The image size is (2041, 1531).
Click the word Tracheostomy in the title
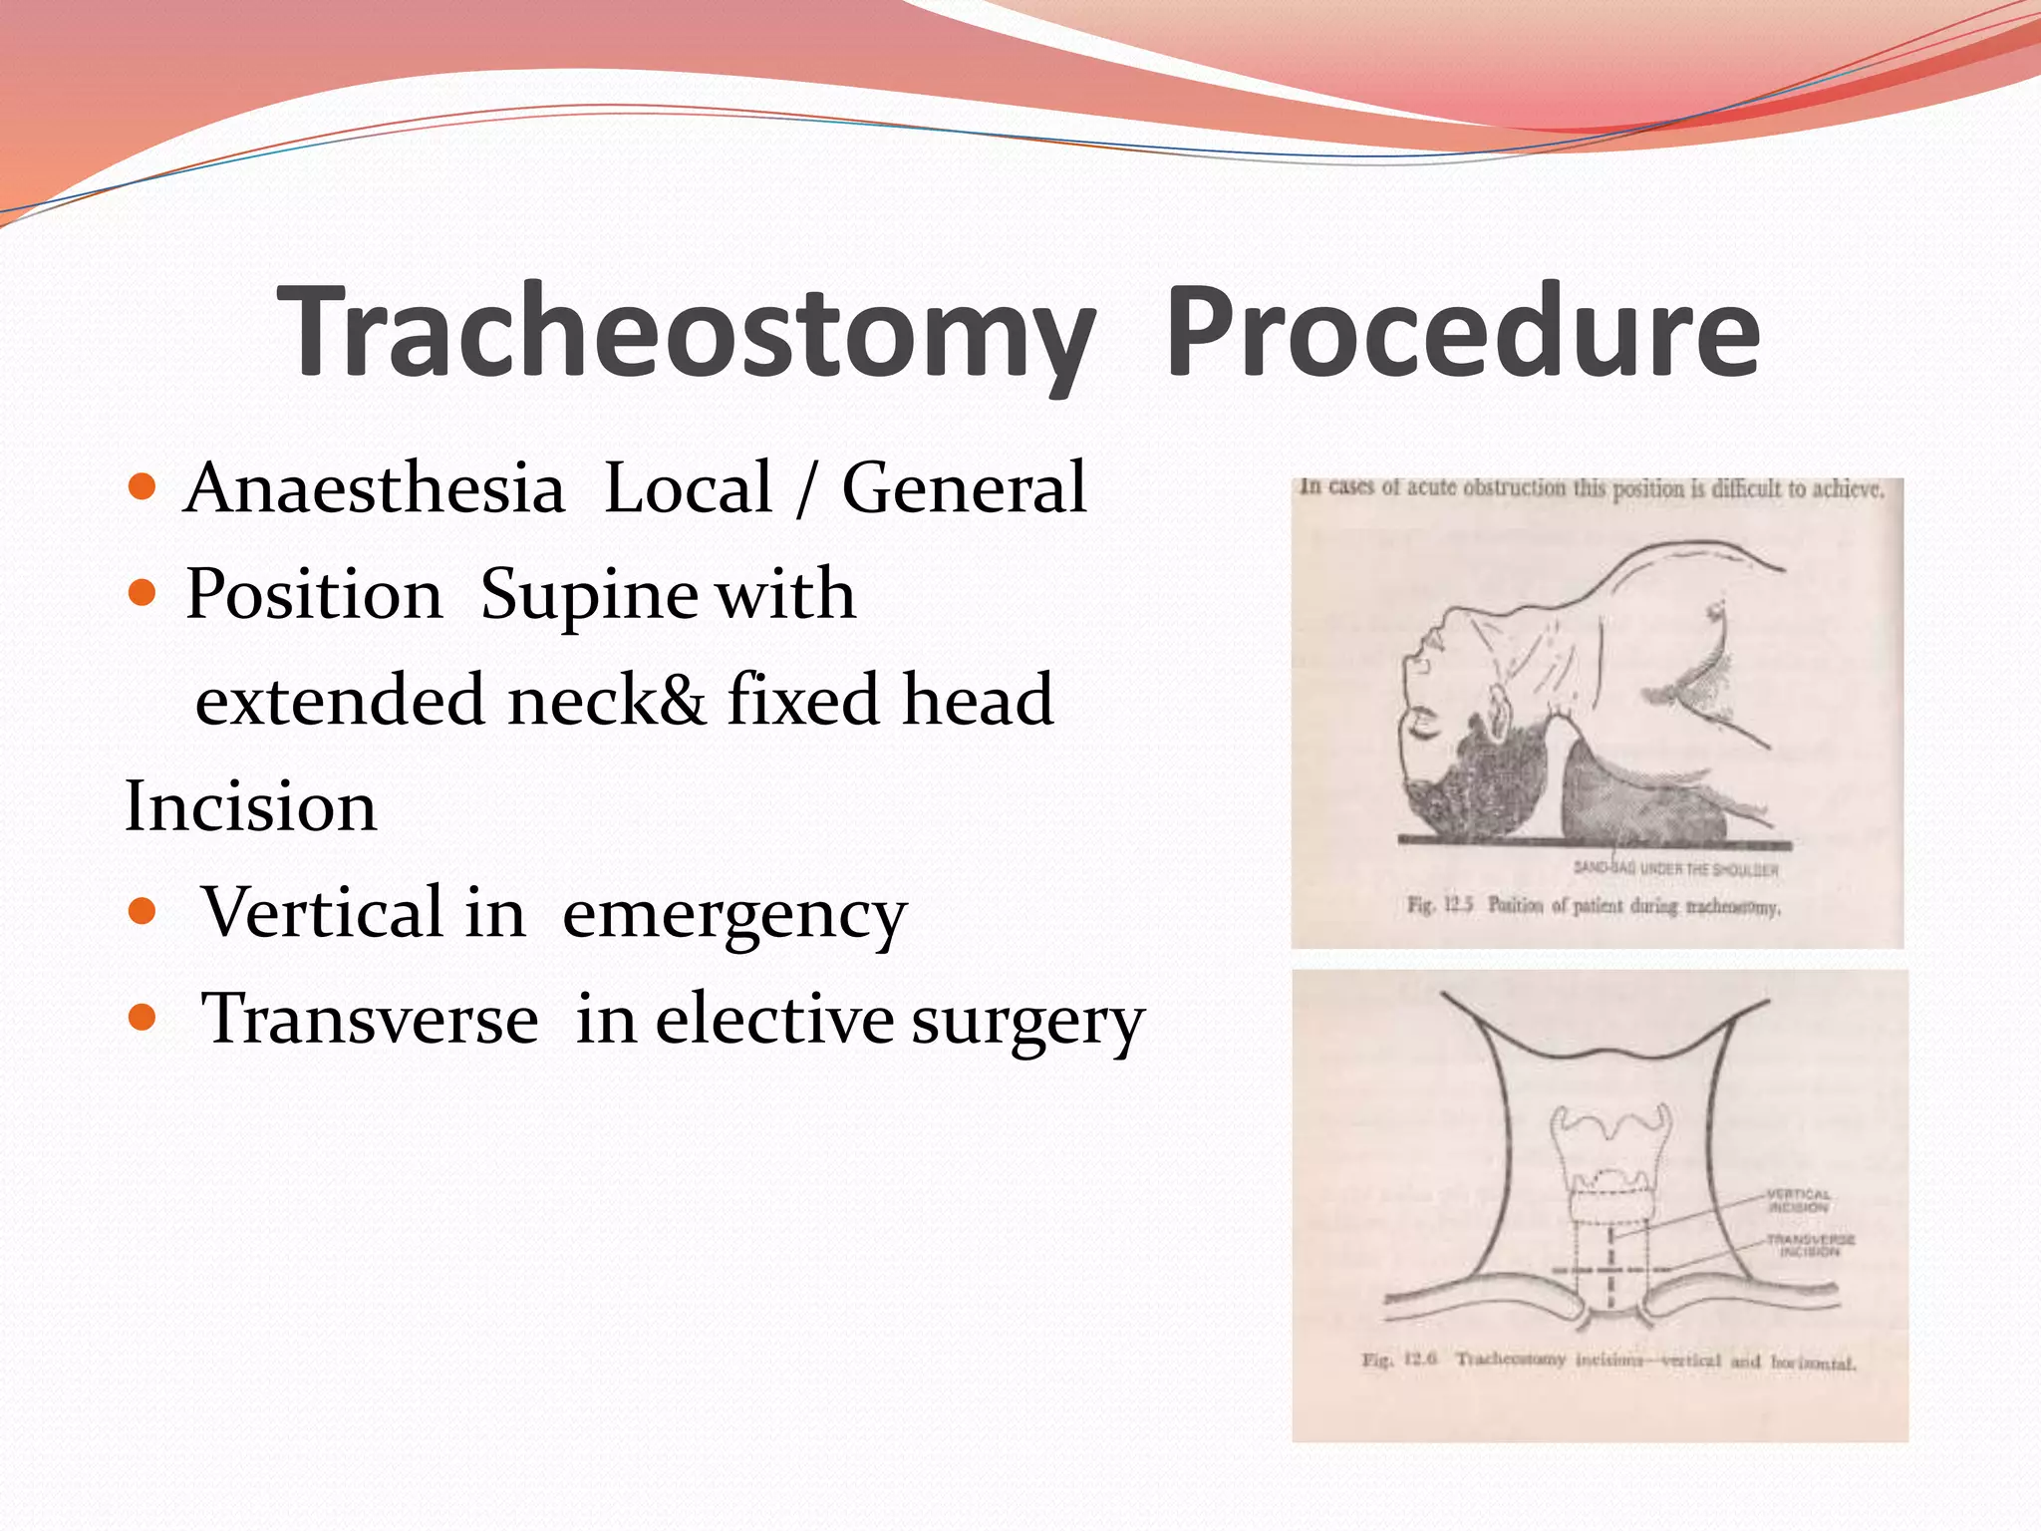[x=687, y=331]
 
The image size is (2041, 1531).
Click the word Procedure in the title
[x=1462, y=331]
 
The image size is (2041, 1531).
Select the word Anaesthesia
[x=375, y=488]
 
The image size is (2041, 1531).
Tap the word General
[x=964, y=488]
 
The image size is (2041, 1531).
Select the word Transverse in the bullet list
[x=370, y=1019]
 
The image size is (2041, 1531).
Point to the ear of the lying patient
[x=1495, y=706]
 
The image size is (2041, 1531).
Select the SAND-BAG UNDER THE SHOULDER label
[x=1675, y=869]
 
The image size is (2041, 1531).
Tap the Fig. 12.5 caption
[x=1593, y=906]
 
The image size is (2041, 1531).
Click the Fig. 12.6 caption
[x=1608, y=1361]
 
